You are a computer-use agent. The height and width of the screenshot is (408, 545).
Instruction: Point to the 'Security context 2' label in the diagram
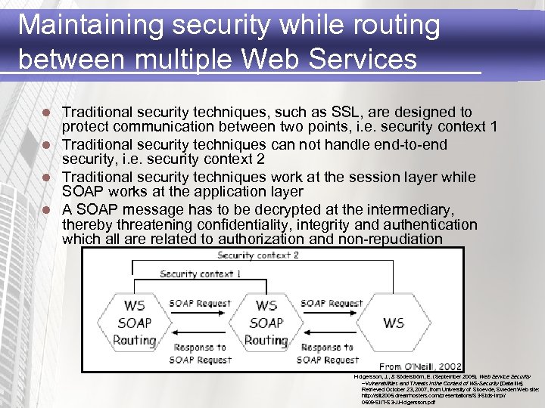(x=258, y=255)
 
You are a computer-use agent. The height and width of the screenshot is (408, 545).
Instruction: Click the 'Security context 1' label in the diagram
(x=201, y=274)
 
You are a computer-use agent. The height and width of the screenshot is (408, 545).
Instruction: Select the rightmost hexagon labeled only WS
(x=394, y=323)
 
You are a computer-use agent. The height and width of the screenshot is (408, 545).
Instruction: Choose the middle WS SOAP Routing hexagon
(x=266, y=323)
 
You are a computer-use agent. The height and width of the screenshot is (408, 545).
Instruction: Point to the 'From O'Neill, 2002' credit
(x=420, y=365)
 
